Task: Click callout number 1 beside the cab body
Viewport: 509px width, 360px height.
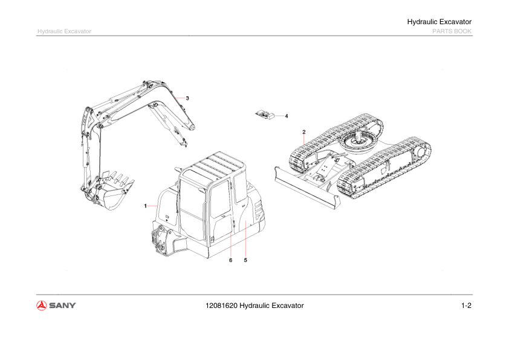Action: (146, 206)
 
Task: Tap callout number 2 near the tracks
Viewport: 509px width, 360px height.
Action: (304, 132)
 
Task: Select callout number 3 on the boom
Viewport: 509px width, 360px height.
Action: (187, 98)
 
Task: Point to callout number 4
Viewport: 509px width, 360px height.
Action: (287, 116)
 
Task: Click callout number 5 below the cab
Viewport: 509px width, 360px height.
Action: (245, 260)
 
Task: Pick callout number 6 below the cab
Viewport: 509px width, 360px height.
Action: (231, 260)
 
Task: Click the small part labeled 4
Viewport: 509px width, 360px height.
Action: (265, 115)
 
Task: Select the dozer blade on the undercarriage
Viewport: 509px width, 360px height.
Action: (306, 188)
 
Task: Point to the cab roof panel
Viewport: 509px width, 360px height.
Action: (213, 166)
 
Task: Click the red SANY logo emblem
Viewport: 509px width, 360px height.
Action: (42, 306)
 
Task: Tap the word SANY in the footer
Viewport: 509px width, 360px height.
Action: (62, 306)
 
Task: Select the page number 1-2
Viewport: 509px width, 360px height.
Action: (466, 306)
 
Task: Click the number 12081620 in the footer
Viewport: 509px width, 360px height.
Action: (221, 306)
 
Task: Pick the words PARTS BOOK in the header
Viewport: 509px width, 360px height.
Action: (452, 31)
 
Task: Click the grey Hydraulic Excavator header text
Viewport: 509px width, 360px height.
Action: (64, 31)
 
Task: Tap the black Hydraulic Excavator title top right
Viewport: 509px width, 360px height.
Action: (439, 22)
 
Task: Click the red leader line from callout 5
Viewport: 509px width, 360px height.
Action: (245, 239)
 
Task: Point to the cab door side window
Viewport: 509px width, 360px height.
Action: (221, 199)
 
